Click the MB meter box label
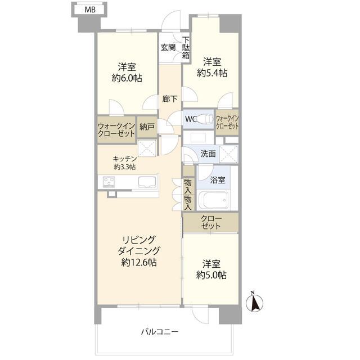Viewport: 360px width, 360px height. [x=90, y=10]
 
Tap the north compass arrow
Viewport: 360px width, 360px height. [x=254, y=302]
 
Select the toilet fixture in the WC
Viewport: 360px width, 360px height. [x=204, y=119]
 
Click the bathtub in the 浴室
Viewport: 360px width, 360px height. [x=213, y=200]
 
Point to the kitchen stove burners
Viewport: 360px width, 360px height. [x=109, y=182]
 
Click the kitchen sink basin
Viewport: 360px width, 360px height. [x=147, y=182]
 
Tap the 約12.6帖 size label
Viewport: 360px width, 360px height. [x=139, y=262]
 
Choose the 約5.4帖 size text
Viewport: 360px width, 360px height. [x=212, y=73]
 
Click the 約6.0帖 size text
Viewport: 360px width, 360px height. [x=127, y=78]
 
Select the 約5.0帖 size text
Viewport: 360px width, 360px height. [x=211, y=275]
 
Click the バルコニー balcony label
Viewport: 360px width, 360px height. [x=160, y=332]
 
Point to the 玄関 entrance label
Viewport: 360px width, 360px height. [x=168, y=47]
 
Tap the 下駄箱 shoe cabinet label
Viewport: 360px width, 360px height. [x=186, y=48]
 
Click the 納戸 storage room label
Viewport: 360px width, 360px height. [x=147, y=127]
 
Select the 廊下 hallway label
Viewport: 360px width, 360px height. [x=170, y=99]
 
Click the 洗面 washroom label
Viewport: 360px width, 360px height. [x=208, y=154]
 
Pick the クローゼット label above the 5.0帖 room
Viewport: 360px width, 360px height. [x=211, y=222]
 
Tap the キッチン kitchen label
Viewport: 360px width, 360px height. [x=125, y=159]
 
